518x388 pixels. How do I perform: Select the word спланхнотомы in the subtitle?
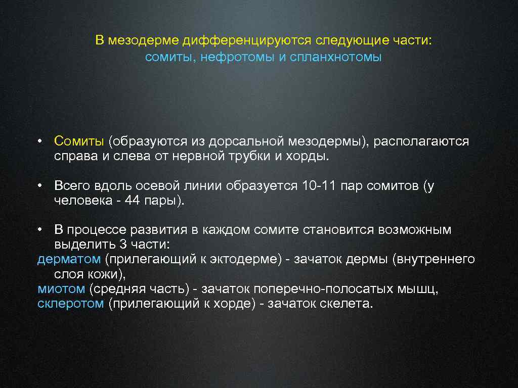point(336,57)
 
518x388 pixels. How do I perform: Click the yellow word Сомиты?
point(79,141)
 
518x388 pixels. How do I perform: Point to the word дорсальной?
point(249,141)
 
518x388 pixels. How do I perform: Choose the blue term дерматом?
point(69,260)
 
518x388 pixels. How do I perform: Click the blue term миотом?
point(61,289)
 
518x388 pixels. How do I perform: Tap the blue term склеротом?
point(70,304)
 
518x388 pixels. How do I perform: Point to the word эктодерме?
point(250,260)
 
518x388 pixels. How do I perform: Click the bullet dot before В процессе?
point(39,230)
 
